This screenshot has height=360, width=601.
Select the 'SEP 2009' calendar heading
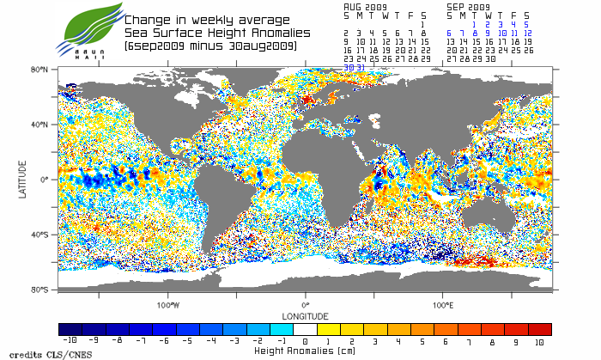(468, 5)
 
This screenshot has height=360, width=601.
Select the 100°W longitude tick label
(168, 304)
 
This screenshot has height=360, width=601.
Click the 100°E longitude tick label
(443, 304)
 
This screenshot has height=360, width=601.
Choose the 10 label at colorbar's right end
(540, 341)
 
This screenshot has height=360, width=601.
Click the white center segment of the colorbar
(305, 329)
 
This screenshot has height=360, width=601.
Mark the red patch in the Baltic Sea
(307, 101)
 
